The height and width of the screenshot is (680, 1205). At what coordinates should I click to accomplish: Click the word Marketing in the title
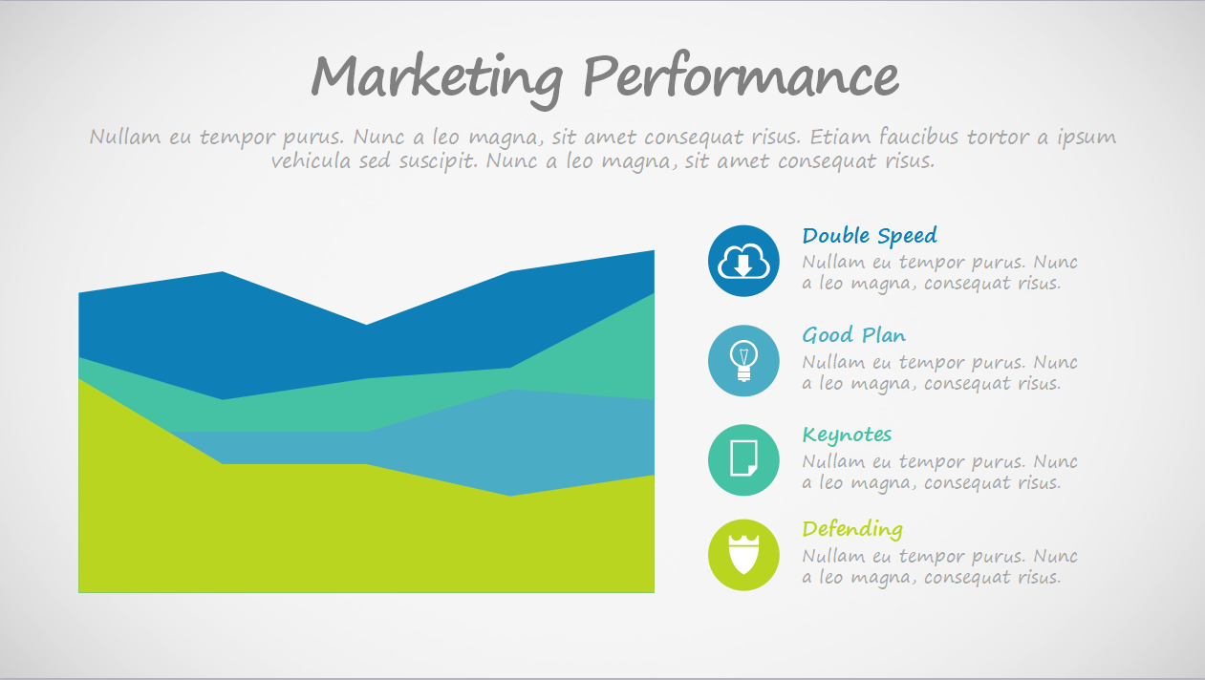437,79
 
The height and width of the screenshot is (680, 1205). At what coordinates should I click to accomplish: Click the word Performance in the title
741,75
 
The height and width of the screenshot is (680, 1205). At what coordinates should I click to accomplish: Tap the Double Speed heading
870,237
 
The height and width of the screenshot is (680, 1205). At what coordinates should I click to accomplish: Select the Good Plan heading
853,335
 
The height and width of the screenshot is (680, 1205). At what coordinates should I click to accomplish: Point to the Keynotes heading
847,436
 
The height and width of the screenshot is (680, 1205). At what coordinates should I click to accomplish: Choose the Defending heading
852,529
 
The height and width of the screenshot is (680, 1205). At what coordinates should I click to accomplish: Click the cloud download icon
743,261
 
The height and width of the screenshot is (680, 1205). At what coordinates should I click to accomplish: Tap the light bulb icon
743,361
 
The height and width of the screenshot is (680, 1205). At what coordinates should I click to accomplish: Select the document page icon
743,458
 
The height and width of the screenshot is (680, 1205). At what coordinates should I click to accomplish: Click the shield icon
743,554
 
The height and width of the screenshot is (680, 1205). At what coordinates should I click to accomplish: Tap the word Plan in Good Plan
884,335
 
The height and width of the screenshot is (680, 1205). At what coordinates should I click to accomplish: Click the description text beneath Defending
939,566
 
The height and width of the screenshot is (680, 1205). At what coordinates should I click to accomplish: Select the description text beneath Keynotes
939,472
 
